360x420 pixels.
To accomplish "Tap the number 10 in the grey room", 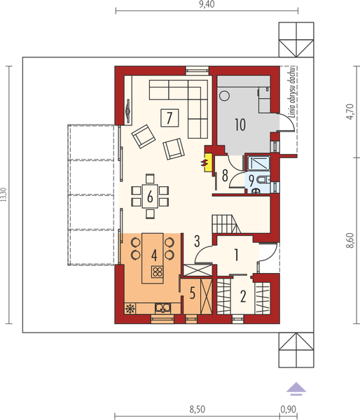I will [240, 125].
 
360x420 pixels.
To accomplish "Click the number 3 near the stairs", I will [198, 241].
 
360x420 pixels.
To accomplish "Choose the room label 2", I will [243, 296].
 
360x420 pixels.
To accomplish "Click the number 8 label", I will [226, 175].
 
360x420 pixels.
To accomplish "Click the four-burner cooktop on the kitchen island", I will [158, 273].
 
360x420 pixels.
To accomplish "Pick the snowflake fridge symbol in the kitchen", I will [130, 307].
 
